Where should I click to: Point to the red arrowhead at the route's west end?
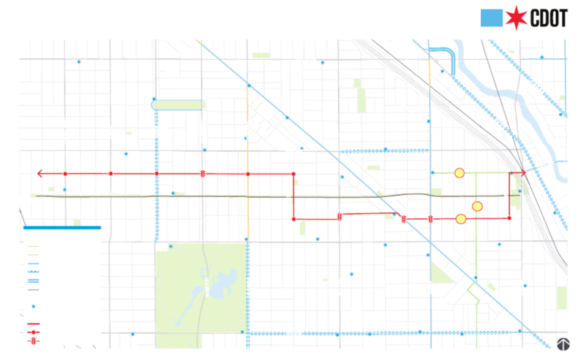tap(41, 174)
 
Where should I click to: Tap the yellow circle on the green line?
tap(460, 173)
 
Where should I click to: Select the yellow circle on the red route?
tap(460, 219)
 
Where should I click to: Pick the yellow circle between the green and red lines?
tap(477, 206)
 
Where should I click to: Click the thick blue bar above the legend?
tap(62, 228)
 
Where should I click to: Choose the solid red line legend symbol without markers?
tap(33, 323)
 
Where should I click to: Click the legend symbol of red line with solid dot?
tap(33, 332)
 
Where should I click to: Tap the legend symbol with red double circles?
tap(33, 341)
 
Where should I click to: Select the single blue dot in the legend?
tap(33, 306)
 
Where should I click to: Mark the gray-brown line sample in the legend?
tap(33, 289)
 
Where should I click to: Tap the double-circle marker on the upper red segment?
tap(203, 174)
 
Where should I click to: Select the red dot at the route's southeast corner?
tap(509, 218)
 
